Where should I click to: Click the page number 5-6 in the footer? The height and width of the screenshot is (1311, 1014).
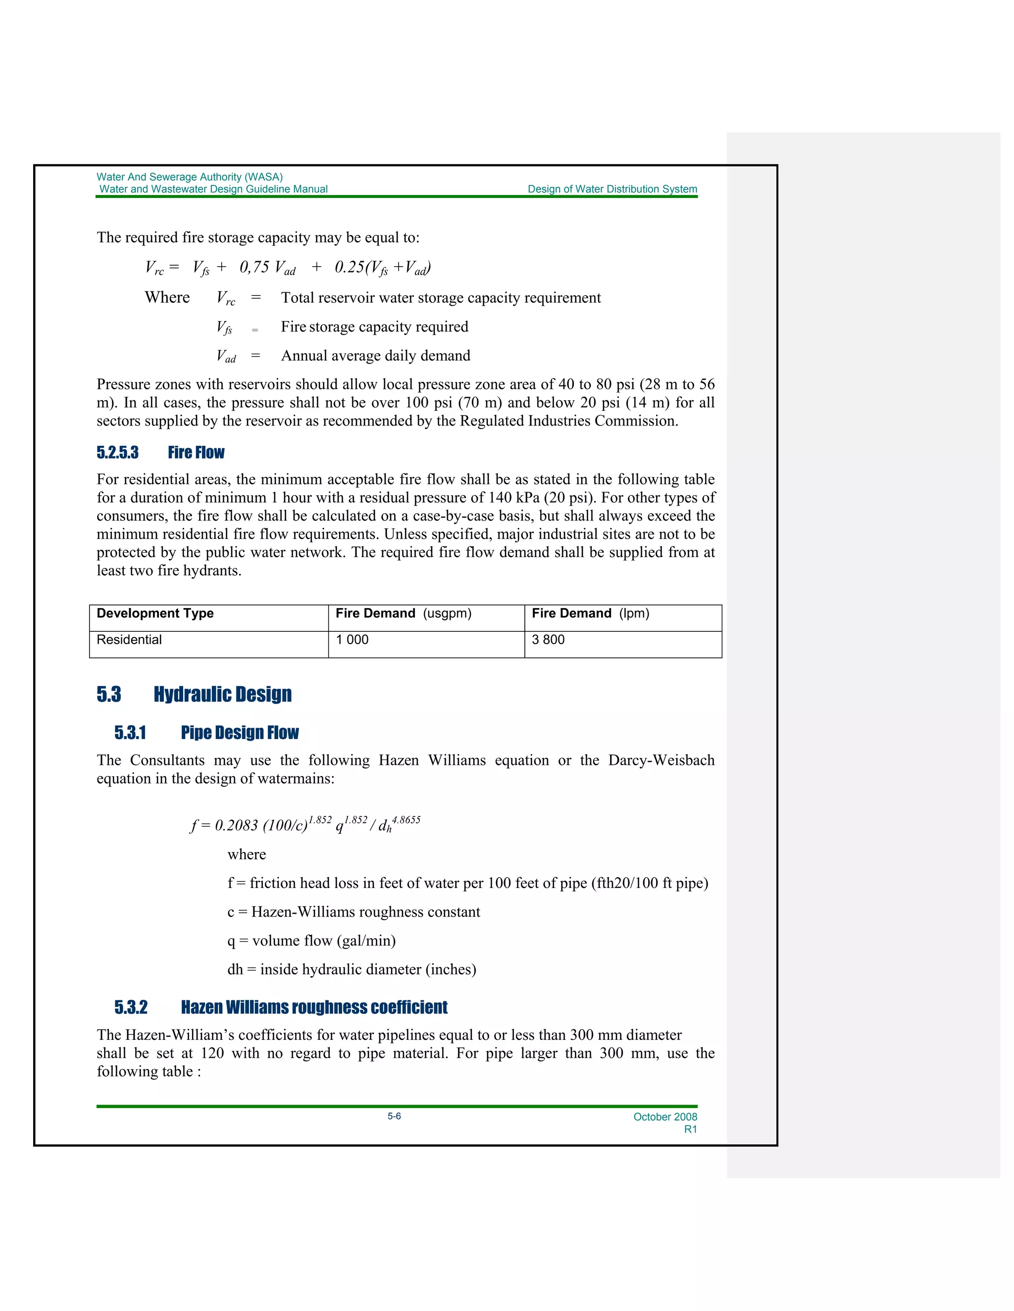click(x=394, y=1116)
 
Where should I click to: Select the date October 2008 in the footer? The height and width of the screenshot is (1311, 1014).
click(x=665, y=1117)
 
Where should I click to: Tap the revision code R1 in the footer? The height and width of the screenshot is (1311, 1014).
click(x=690, y=1129)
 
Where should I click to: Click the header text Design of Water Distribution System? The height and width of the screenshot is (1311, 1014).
click(x=612, y=189)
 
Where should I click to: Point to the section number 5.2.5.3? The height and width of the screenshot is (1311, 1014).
click(x=118, y=453)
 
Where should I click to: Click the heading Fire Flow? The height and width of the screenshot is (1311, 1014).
click(x=196, y=453)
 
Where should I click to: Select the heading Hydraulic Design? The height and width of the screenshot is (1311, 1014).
click(x=222, y=695)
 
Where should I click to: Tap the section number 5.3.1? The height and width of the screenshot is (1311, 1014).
click(x=130, y=733)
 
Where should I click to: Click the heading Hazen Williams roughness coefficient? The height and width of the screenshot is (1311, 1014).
click(x=314, y=1007)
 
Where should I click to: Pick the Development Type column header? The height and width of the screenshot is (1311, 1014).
click(x=155, y=613)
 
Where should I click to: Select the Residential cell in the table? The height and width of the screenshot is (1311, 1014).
click(x=129, y=640)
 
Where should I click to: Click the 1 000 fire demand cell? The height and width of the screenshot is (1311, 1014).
click(x=352, y=640)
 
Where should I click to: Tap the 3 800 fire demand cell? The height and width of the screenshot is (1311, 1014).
click(x=548, y=640)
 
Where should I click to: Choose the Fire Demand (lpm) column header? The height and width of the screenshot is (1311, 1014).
click(x=591, y=613)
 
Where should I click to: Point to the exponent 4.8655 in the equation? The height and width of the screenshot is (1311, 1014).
click(x=406, y=820)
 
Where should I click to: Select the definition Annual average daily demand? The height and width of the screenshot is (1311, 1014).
click(x=375, y=356)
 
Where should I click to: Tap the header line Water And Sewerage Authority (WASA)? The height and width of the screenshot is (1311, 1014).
click(x=190, y=177)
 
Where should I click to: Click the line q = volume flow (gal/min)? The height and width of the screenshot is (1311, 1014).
click(x=311, y=940)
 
